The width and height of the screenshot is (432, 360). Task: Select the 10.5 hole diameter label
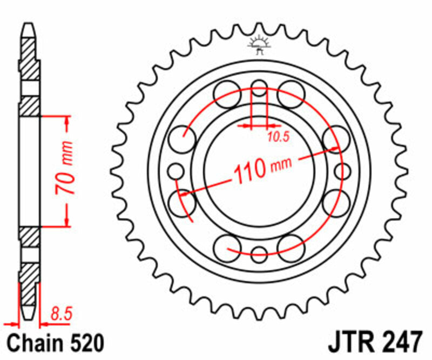pos(279,137)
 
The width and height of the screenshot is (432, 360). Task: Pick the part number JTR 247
pos(374,343)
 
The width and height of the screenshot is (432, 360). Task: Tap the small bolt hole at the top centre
pos(260,88)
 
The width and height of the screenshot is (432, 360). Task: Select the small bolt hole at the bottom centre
pos(260,251)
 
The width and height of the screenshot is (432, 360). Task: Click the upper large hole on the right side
pos(336,138)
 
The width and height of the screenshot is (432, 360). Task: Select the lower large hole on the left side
pos(181,203)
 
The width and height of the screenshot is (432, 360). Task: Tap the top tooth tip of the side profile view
pos(29,26)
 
